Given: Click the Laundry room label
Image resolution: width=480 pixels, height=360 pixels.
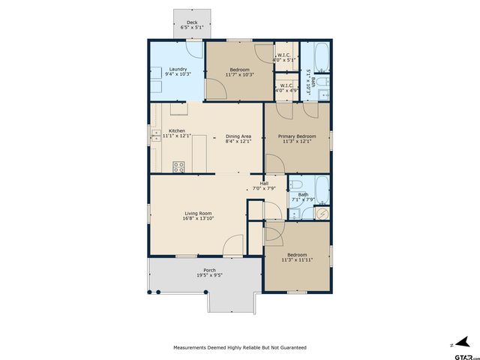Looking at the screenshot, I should [178, 69].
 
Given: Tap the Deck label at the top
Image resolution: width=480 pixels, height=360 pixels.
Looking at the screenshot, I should [192, 22].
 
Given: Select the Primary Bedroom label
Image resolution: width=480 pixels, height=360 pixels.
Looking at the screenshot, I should [297, 136].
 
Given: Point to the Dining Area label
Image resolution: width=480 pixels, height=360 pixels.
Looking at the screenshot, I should [238, 136].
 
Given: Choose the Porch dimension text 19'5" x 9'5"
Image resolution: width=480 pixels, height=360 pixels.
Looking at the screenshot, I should [209, 275].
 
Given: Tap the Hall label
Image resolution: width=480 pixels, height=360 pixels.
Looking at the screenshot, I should [264, 184].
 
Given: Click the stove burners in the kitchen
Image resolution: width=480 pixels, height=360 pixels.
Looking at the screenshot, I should [179, 167].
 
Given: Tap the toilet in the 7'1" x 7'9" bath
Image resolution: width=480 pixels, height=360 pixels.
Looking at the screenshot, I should [295, 184].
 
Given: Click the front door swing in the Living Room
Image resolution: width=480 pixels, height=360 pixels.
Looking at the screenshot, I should [234, 244].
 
